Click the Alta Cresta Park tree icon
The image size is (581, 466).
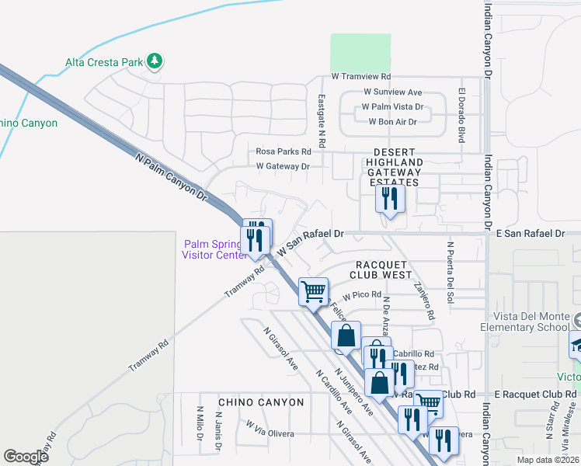coord(155,61)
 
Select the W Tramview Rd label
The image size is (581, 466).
coord(360,77)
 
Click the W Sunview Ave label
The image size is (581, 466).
coord(392,92)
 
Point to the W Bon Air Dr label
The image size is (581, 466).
coord(392,121)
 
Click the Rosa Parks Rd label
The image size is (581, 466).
coord(284,151)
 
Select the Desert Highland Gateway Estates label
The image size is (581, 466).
coord(396,167)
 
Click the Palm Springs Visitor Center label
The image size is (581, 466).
coord(213,249)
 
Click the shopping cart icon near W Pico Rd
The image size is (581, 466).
coord(313,292)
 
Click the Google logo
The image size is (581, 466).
coord(26,457)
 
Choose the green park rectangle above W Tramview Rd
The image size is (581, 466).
coord(360,52)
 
